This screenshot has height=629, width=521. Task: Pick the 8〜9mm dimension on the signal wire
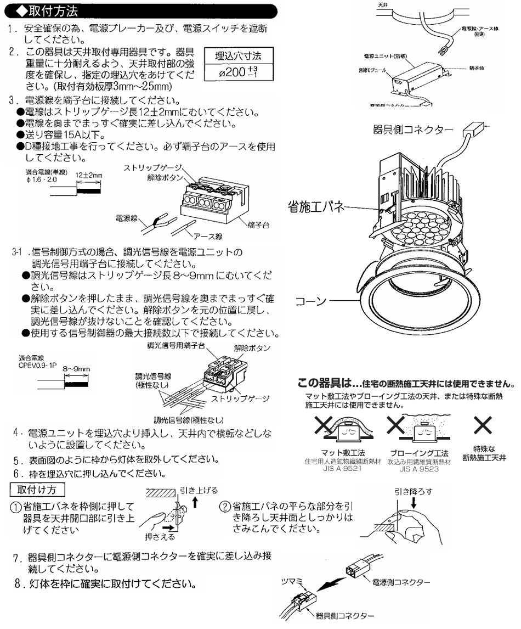pos(76,368)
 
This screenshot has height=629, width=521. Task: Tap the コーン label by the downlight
pos(312,301)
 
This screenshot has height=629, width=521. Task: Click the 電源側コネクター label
pos(400,581)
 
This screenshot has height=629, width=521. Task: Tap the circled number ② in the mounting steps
pos(225,506)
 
